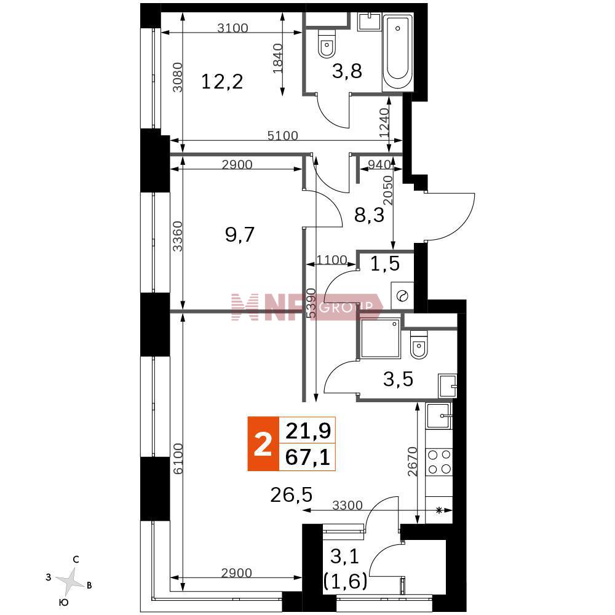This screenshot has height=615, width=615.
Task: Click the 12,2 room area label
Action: pyautogui.click(x=222, y=82)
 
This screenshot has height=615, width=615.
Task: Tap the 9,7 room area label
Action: pyautogui.click(x=240, y=235)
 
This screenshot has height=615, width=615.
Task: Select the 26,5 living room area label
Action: pyautogui.click(x=292, y=495)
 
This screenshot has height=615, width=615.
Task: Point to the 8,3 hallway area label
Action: pyautogui.click(x=369, y=215)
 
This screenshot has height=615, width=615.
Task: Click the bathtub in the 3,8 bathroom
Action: pyautogui.click(x=397, y=52)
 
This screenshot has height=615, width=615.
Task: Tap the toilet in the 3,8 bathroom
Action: pyautogui.click(x=326, y=43)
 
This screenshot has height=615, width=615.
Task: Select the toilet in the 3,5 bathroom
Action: pyautogui.click(x=418, y=345)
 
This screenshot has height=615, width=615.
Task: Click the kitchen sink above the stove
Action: pyautogui.click(x=439, y=416)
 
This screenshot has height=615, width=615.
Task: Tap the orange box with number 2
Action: pyautogui.click(x=263, y=443)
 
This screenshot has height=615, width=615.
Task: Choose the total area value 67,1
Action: pyautogui.click(x=307, y=458)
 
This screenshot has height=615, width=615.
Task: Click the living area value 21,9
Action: pyautogui.click(x=308, y=430)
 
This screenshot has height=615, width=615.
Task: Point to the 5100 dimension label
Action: pyautogui.click(x=282, y=136)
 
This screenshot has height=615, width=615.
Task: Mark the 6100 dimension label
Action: pyautogui.click(x=178, y=459)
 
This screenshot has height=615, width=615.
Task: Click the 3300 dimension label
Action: pyautogui.click(x=347, y=505)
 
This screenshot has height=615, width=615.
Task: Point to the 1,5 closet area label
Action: pyautogui.click(x=385, y=264)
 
